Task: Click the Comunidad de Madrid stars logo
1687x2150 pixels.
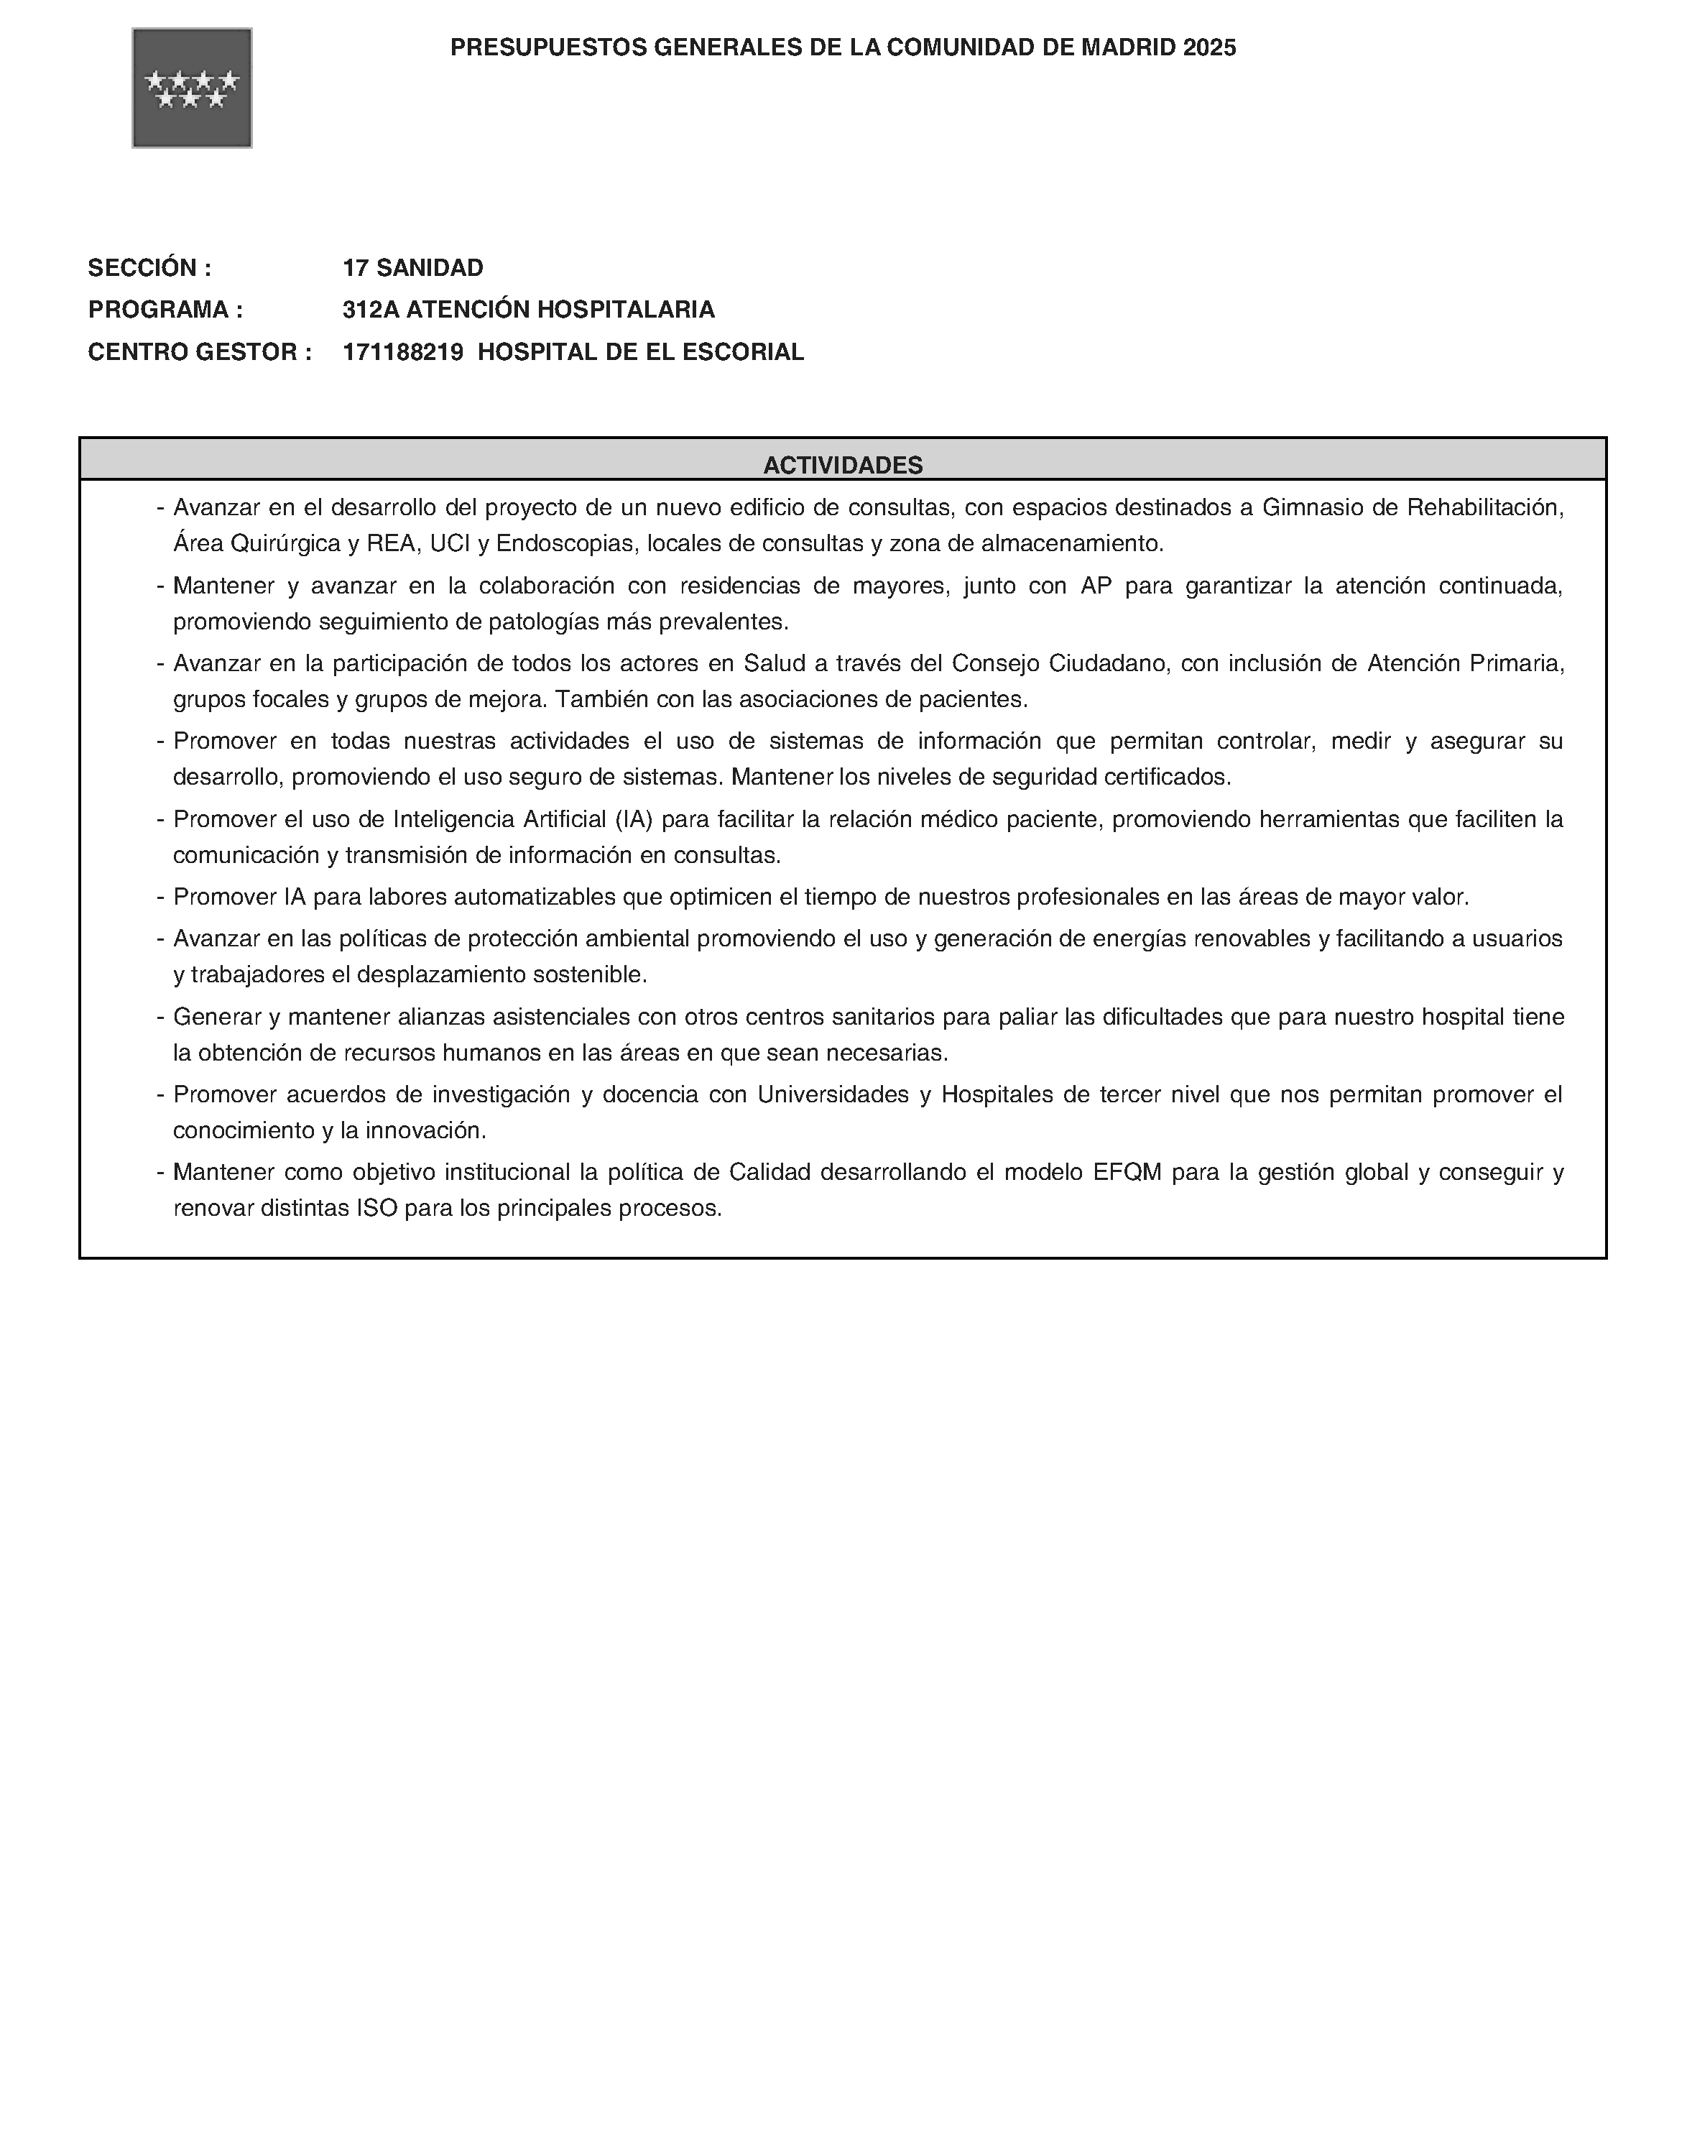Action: point(192,88)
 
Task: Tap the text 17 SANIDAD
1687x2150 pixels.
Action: point(413,267)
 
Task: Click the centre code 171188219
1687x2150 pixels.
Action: point(403,353)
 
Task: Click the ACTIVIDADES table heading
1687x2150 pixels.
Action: point(843,465)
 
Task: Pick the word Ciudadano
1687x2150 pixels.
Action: point(1107,664)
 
